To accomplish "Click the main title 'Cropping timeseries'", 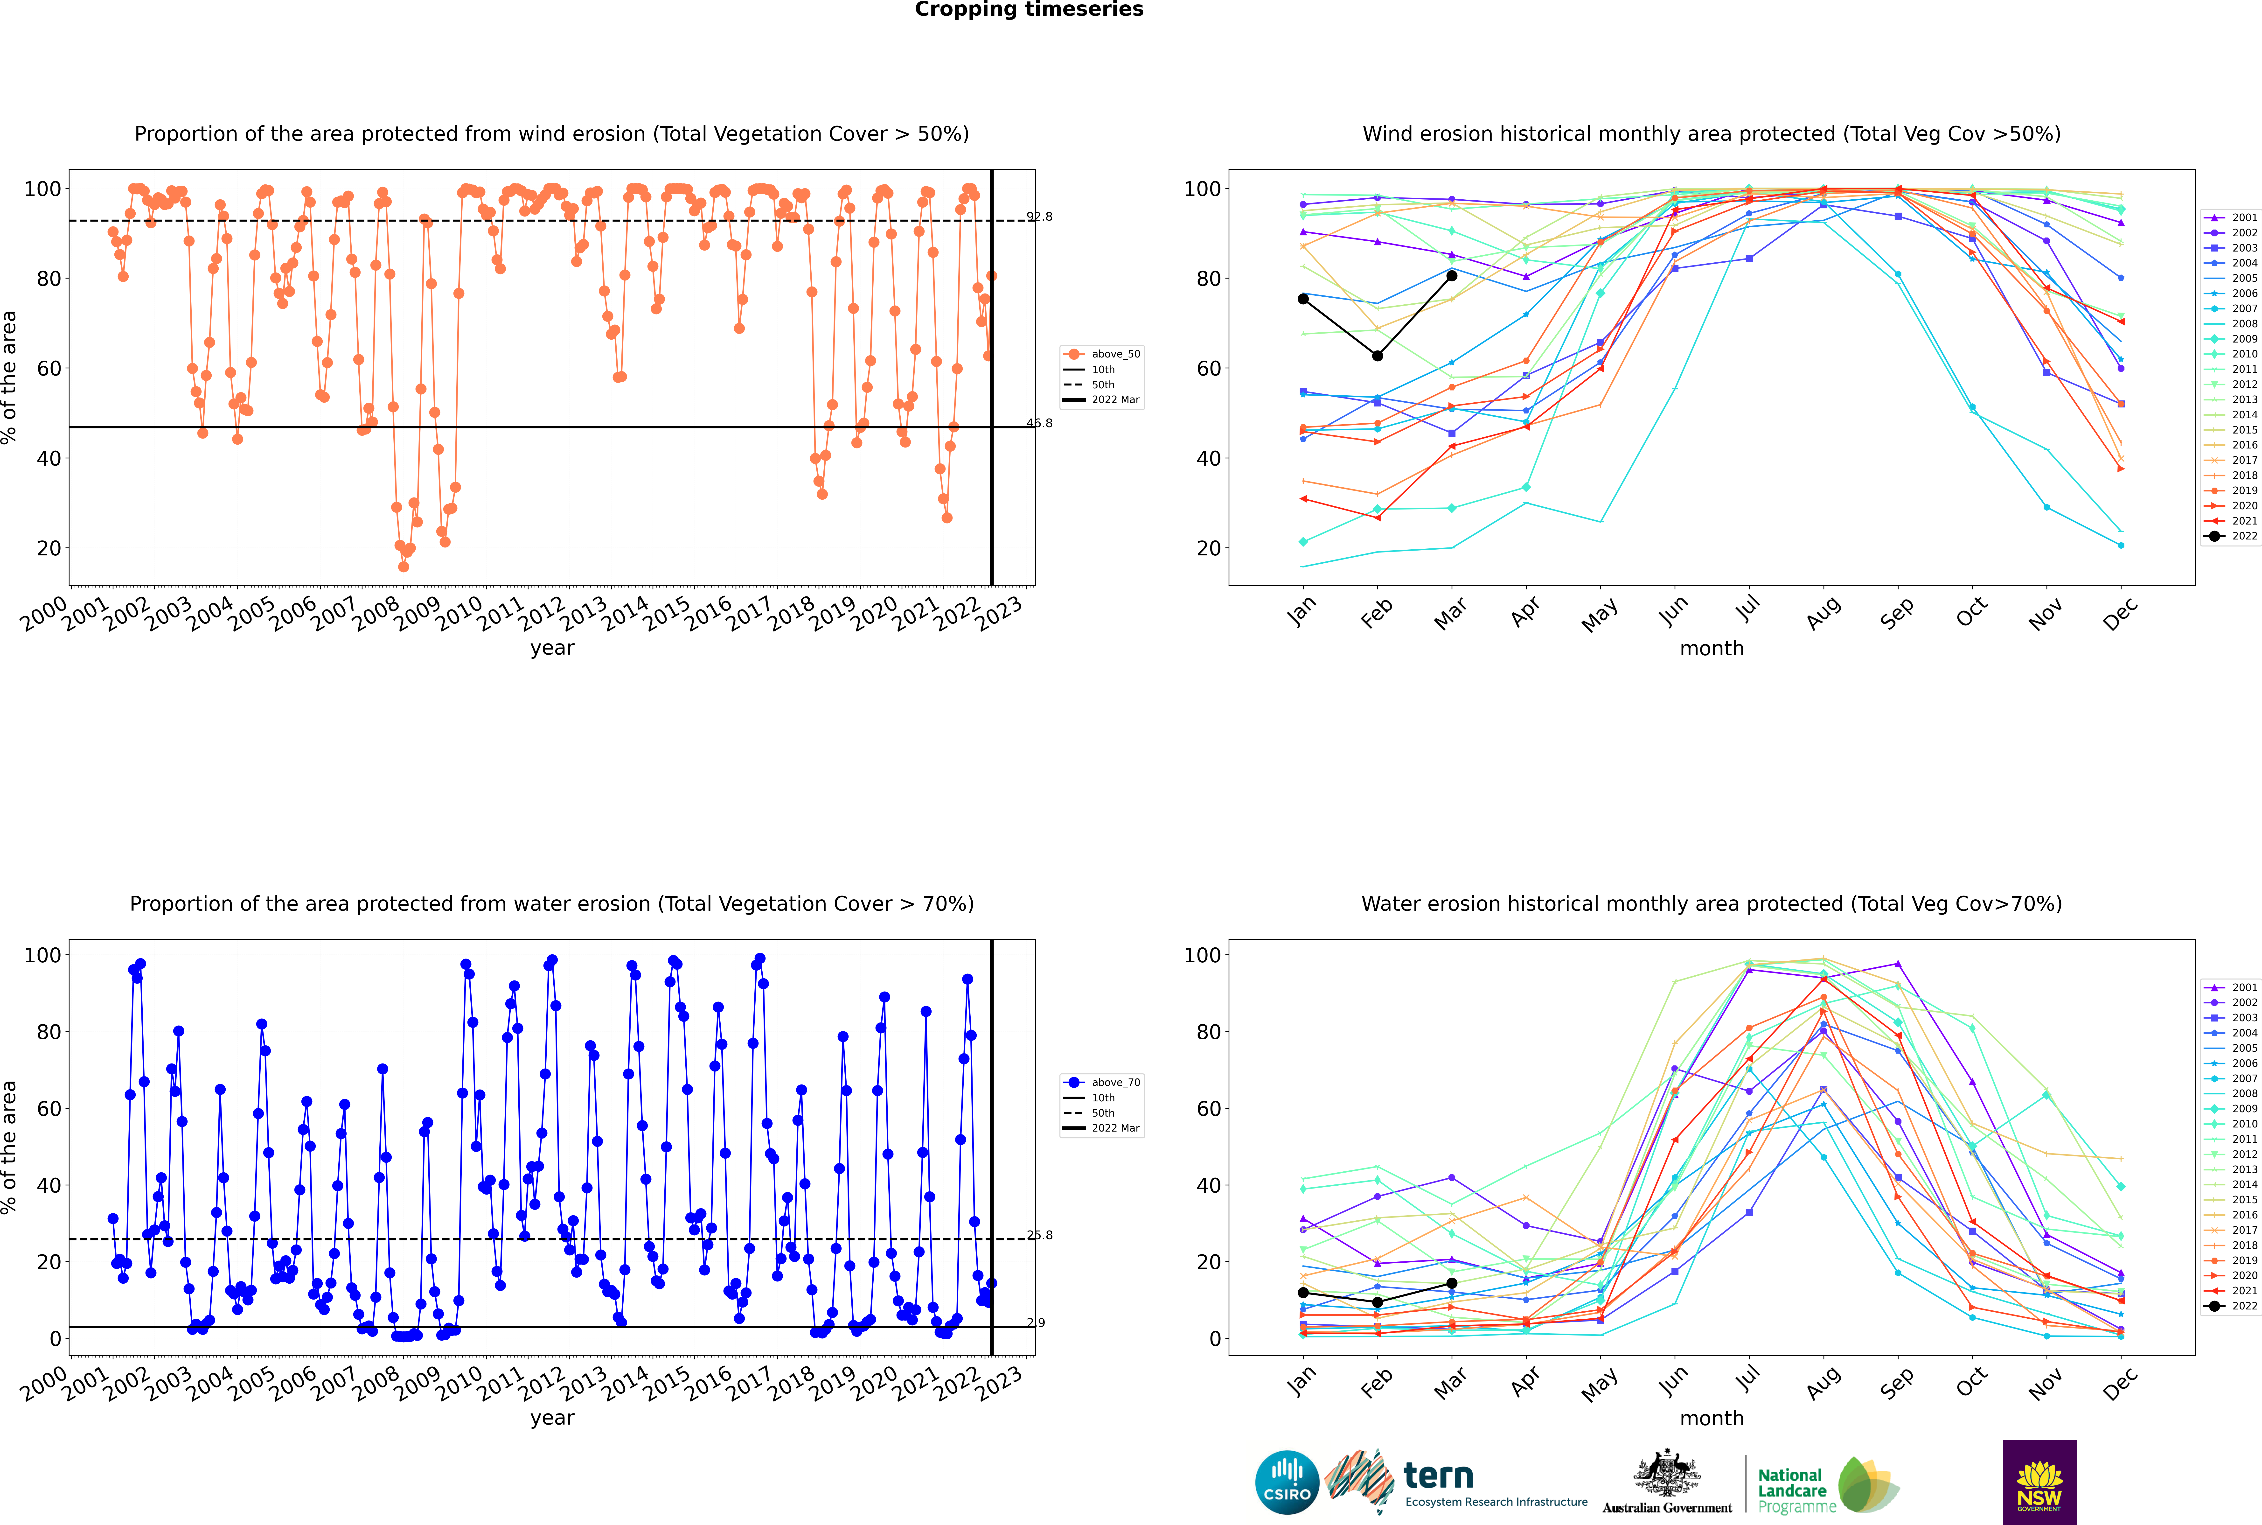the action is (1029, 10).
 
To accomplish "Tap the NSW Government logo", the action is (2039, 1482).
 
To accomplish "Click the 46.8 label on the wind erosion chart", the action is (1040, 423).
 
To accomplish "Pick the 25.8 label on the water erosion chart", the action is (1040, 1235).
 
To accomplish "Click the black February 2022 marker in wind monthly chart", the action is (1377, 356).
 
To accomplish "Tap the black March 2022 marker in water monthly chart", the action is (1452, 1283).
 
